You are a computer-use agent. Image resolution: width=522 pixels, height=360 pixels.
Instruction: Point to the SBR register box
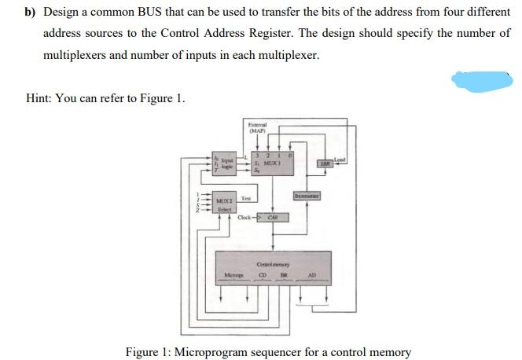[323, 163]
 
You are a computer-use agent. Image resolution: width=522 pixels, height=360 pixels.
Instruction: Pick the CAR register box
[273, 217]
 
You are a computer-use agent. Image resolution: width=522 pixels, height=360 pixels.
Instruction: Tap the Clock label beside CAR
[245, 217]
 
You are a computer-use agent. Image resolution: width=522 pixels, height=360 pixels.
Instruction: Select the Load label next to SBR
[339, 160]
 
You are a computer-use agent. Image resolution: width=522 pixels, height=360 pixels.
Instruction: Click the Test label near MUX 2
[245, 198]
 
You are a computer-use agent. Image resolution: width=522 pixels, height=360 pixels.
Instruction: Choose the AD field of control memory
[311, 276]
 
